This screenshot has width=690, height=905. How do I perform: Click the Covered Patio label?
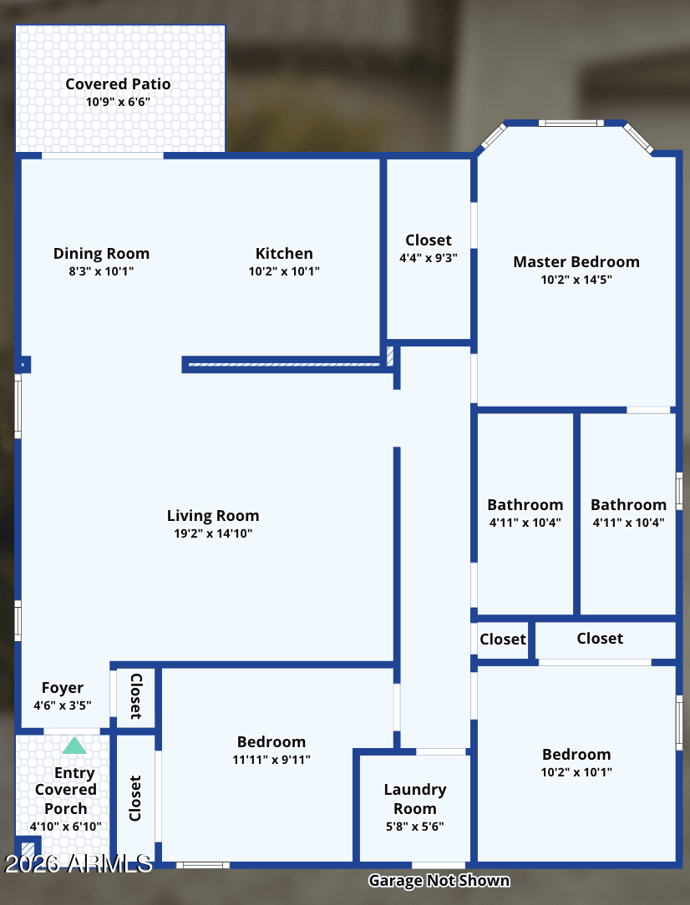coord(118,84)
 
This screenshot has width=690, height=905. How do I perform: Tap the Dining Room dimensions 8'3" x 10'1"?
coord(101,271)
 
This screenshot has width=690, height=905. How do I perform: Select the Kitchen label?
coord(284,253)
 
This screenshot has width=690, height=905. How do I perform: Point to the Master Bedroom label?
coord(576,262)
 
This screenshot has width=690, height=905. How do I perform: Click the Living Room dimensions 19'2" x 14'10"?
coord(213,533)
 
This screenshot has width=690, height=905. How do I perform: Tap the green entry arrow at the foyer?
coord(74,746)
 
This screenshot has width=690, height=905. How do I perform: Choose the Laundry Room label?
coord(415,799)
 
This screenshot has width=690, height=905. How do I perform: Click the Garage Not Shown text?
coord(439,881)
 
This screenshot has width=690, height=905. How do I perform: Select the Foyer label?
coord(63,688)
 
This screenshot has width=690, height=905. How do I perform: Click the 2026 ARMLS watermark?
coord(79,863)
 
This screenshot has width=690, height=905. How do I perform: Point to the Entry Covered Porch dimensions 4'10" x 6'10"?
coord(66,827)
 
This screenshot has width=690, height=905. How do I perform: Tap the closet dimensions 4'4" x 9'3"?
coord(429,258)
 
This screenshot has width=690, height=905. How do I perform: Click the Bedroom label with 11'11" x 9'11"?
coord(271,741)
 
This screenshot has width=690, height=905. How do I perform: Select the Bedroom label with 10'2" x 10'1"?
coord(576,755)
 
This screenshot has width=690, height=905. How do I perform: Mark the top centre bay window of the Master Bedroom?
coord(571,123)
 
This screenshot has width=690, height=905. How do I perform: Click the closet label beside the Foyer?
coord(136,696)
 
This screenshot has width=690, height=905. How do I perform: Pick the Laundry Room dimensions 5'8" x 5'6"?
coord(415,827)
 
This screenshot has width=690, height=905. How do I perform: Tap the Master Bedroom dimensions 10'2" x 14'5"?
coord(576,280)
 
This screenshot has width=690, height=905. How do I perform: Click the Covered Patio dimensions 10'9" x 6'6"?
coord(118,102)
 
